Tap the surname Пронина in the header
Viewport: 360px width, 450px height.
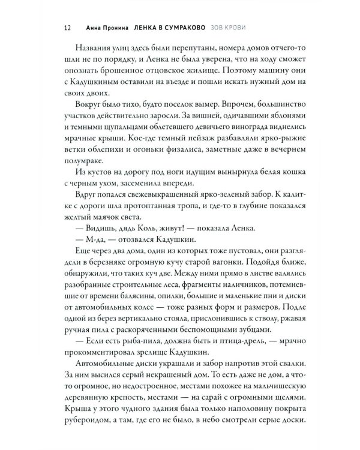tap(110, 28)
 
